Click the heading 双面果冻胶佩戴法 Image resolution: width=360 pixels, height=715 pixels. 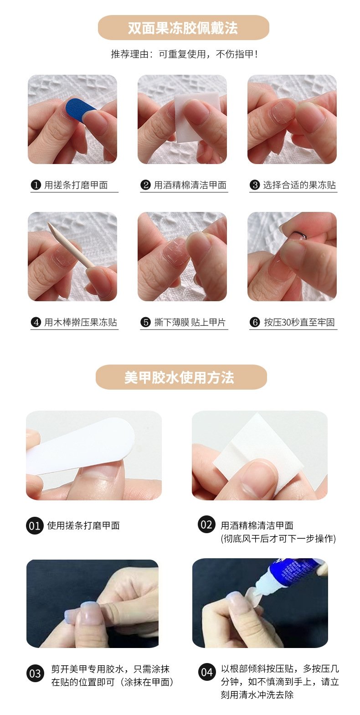(x=183, y=28)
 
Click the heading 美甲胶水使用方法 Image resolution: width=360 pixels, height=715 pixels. (x=180, y=377)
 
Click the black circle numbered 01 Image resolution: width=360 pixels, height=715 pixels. (x=35, y=526)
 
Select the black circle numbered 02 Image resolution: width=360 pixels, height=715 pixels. (x=206, y=525)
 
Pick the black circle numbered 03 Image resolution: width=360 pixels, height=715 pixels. (x=35, y=674)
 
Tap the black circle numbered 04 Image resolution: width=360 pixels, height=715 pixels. (x=207, y=673)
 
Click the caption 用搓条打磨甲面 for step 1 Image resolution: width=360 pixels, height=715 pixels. (x=76, y=185)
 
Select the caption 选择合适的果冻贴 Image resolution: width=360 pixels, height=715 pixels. (x=299, y=185)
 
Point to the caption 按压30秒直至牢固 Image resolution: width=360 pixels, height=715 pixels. (x=299, y=322)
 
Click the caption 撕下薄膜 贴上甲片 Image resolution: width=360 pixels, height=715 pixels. (x=190, y=322)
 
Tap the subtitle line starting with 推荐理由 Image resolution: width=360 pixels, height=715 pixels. (x=184, y=54)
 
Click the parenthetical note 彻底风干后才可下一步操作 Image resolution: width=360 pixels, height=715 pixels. (x=278, y=539)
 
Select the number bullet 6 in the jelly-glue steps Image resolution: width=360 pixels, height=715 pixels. (x=255, y=322)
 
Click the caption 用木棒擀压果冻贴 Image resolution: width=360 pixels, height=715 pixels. (x=80, y=322)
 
